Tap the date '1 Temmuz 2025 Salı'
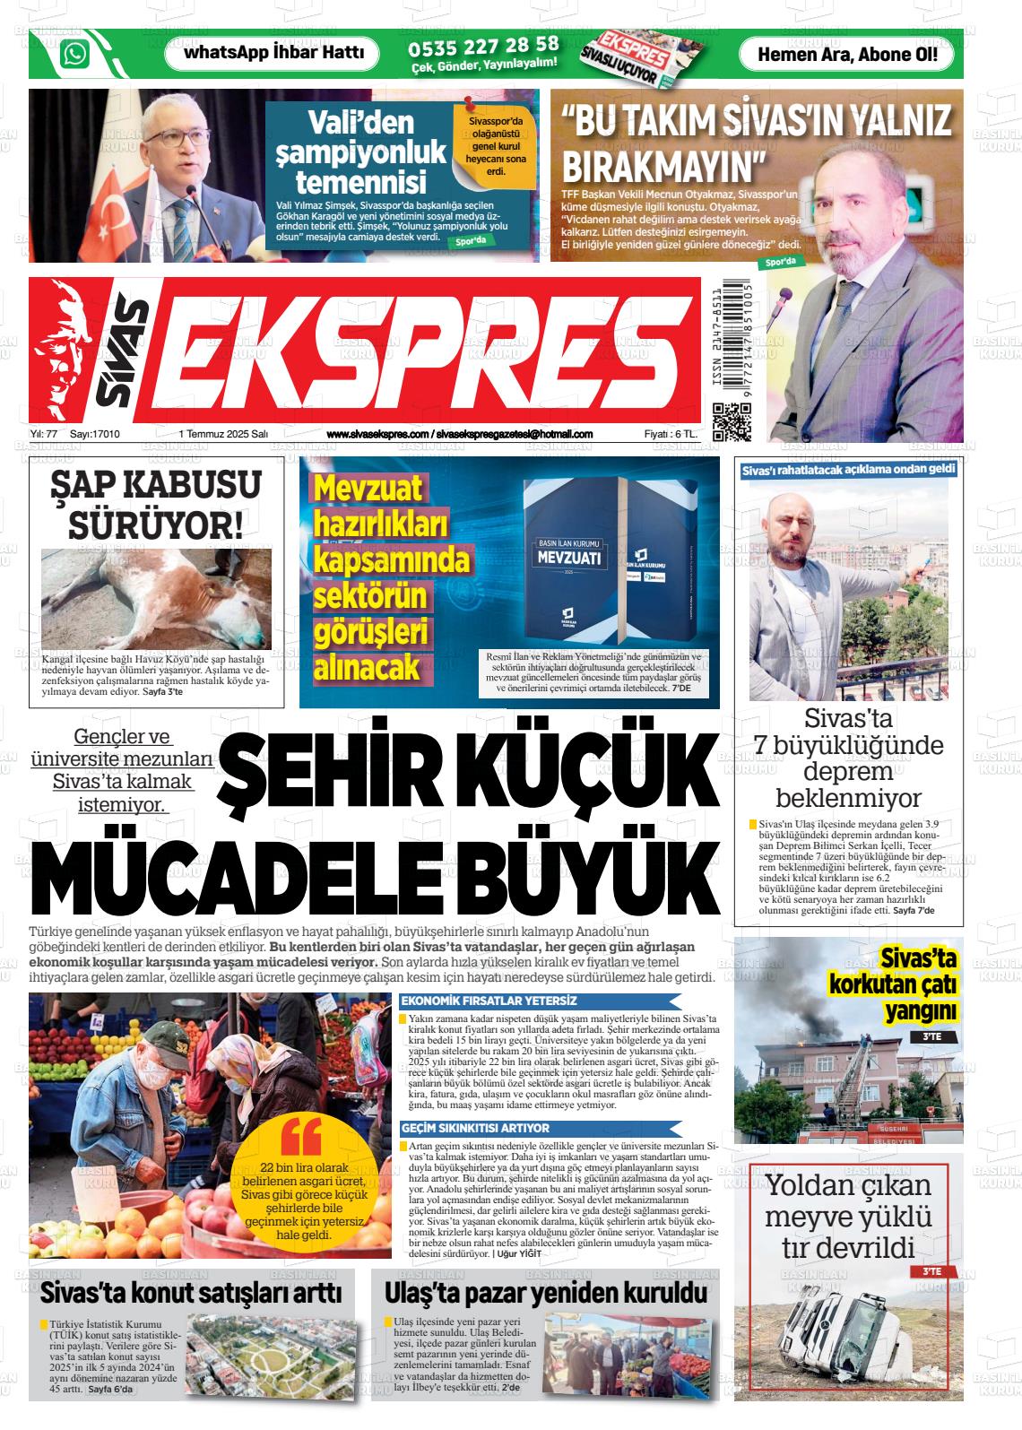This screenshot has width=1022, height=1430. pos(223,435)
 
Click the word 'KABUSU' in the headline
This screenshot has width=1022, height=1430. pos(179,485)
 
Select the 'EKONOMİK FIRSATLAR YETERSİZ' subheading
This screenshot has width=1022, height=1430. pos(489,1001)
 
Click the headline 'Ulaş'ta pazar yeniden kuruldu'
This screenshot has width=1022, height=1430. pos(545,1294)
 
